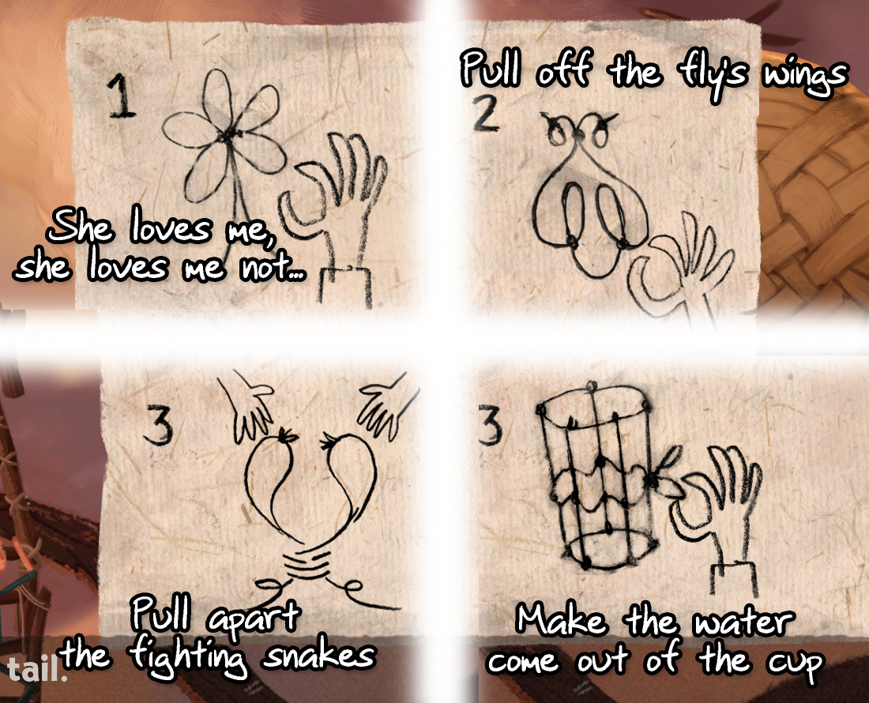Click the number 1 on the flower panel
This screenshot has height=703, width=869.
pos(122,96)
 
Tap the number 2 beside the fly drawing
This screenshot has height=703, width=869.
pos(486,115)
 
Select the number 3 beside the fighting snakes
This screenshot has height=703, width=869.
pos(158,424)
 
